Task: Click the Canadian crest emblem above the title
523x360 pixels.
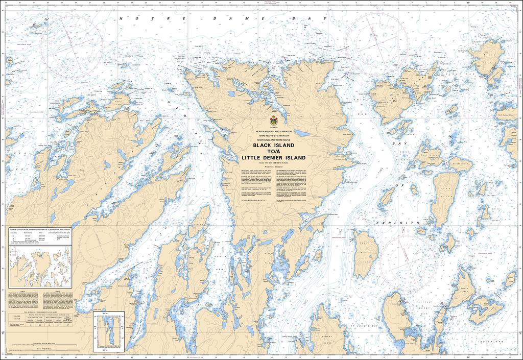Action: (274, 122)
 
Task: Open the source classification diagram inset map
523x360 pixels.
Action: (40, 261)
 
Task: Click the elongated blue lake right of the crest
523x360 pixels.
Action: (302, 133)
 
